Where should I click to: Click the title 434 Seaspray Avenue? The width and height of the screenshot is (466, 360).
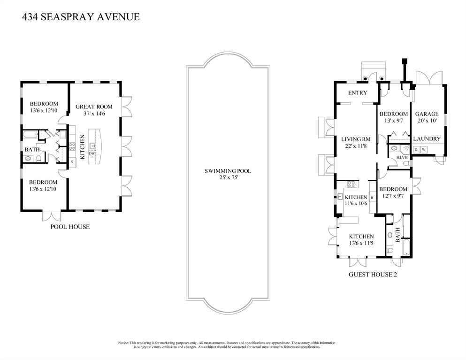point(81,17)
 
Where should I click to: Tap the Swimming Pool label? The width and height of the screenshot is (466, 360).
point(228,171)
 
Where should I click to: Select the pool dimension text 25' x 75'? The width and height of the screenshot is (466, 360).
point(228,177)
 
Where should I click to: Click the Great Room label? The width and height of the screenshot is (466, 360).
point(94,107)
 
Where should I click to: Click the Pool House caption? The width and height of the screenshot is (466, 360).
point(70,227)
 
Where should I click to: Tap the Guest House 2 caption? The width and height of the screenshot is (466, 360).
point(373,275)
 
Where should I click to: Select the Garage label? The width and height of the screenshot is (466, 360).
point(427,114)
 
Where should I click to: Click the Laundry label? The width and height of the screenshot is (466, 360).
point(427,139)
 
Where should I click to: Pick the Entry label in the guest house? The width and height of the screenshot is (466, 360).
point(358,93)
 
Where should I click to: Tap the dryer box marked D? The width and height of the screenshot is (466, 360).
point(416,150)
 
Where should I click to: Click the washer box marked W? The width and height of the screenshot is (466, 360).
point(424,150)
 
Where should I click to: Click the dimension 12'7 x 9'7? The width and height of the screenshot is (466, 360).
point(393,196)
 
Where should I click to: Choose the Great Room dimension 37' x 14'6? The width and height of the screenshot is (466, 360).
point(94,114)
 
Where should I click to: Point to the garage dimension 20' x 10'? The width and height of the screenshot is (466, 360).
point(427,121)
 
